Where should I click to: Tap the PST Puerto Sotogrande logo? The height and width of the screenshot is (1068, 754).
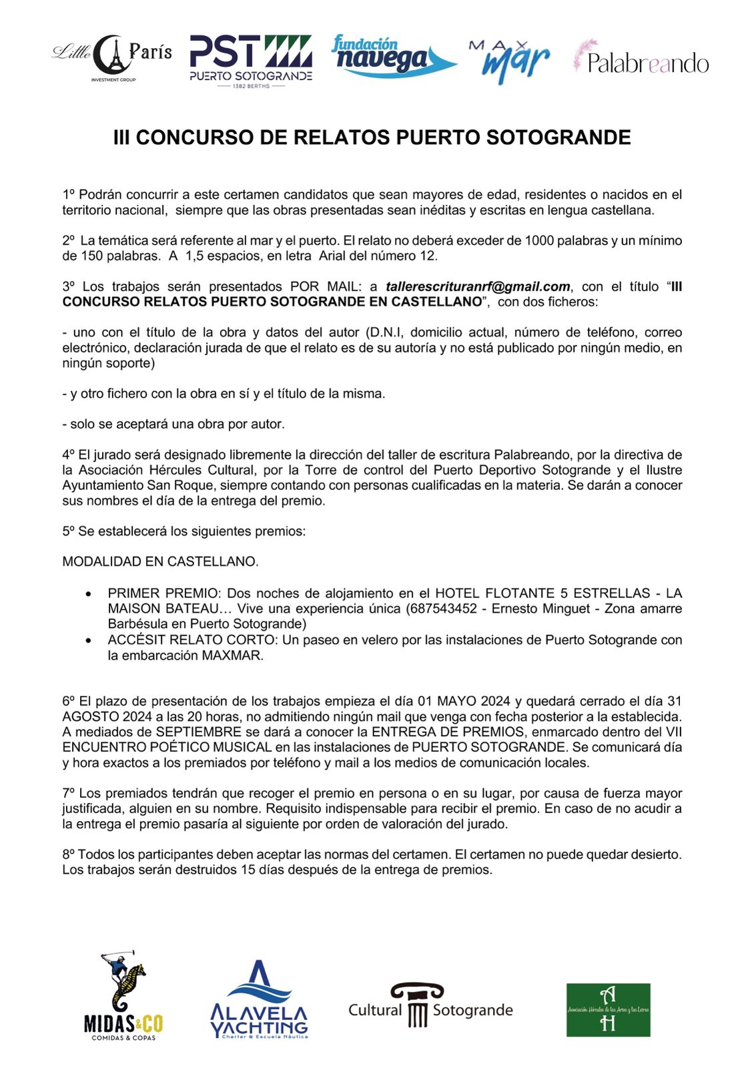pos(250,61)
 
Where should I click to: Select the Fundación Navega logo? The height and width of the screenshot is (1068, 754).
pos(392,56)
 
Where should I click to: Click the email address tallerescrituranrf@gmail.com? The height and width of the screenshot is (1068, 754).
pos(478,286)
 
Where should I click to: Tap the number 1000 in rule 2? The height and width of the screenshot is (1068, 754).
pos(539,240)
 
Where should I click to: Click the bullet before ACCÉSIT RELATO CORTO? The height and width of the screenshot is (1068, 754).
pos(89,640)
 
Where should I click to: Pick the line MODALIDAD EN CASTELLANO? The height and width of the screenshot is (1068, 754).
pos(160,561)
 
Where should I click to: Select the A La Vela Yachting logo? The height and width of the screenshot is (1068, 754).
pos(259,1000)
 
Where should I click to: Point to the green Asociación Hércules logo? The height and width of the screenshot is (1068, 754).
pos(608,1009)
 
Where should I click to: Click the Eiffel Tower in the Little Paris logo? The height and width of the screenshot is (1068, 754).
pos(114,55)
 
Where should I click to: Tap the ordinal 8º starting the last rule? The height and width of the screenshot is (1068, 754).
pos(69,854)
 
